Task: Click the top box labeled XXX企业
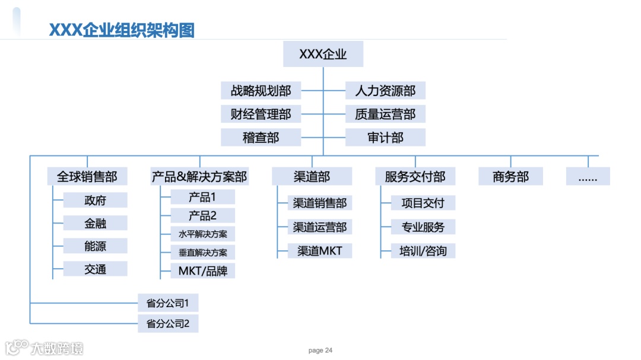click(323, 55)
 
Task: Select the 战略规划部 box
click(261, 91)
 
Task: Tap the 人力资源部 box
click(385, 91)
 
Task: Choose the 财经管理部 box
click(261, 114)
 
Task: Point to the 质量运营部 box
click(385, 114)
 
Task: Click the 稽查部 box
click(261, 138)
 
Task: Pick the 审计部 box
click(385, 138)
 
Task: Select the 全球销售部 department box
click(87, 176)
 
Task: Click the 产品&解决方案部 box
click(199, 176)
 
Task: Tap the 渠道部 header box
click(312, 176)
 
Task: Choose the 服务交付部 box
click(415, 176)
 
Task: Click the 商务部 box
click(510, 176)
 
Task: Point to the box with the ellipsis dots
click(588, 176)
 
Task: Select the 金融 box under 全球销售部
click(95, 223)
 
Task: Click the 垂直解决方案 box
click(203, 252)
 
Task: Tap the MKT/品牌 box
click(203, 271)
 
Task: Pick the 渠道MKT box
click(320, 250)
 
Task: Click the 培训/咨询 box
click(423, 250)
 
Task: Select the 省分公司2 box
click(168, 324)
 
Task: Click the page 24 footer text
click(320, 351)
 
